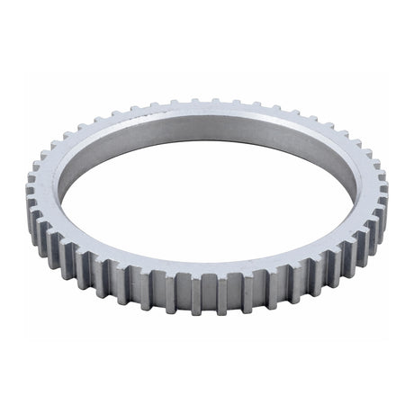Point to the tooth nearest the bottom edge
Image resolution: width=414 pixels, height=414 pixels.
pyautogui.click(x=206, y=297)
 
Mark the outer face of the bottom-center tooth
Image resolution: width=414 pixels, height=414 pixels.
pyautogui.click(x=206, y=292)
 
